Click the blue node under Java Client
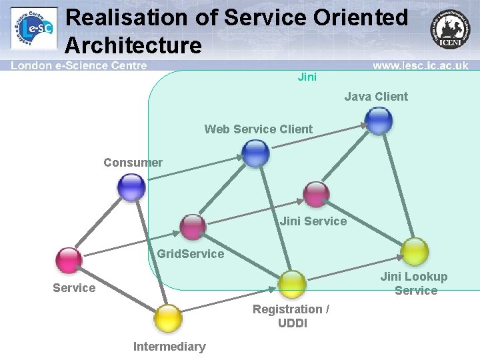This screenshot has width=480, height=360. [379, 121]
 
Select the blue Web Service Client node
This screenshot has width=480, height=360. [255, 153]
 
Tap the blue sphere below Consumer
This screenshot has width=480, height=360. [131, 187]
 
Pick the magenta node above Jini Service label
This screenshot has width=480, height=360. [316, 194]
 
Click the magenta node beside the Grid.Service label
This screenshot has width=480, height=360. [193, 227]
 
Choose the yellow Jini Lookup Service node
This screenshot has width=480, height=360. [415, 251]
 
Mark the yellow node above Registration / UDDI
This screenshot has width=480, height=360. [292, 284]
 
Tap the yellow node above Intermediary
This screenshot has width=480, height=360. [168, 318]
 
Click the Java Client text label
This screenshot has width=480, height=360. [376, 97]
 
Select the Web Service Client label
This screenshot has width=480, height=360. [258, 129]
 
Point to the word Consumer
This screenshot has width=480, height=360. [133, 163]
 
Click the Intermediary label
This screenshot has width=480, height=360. [169, 347]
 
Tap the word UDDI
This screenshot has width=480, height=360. [292, 323]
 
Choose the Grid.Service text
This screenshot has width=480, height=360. [191, 254]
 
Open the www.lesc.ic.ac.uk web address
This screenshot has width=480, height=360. [420, 66]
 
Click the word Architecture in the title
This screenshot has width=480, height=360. [133, 45]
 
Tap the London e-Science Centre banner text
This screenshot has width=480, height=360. [79, 66]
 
